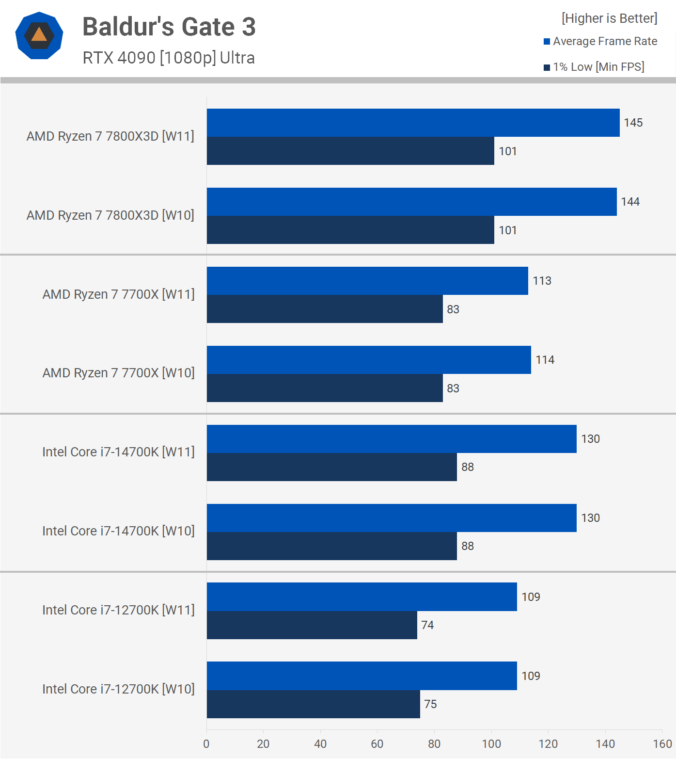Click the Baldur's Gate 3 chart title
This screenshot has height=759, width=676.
[x=169, y=27]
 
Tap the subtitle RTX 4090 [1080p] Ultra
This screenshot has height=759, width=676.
[x=169, y=58]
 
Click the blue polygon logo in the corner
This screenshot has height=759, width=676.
[x=39, y=35]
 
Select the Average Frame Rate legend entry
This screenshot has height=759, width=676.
[x=600, y=41]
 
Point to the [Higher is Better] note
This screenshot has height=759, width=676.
[x=609, y=18]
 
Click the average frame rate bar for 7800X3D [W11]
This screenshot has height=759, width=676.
[x=413, y=123]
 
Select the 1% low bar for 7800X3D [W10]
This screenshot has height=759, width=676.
[x=350, y=230]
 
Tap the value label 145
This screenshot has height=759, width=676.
[x=633, y=123]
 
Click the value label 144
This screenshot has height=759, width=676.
[x=630, y=202]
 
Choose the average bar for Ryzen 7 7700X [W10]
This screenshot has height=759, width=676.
[x=369, y=360]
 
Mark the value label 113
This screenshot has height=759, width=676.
[x=542, y=281]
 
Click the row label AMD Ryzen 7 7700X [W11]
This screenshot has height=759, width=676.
[x=118, y=294]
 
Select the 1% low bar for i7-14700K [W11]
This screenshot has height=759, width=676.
[x=331, y=467]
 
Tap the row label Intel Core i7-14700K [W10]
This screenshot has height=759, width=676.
[x=118, y=531]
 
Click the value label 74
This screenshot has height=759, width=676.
[x=427, y=625]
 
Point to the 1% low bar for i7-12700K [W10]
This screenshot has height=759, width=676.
[x=313, y=704]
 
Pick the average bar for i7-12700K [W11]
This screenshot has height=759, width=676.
[x=362, y=597]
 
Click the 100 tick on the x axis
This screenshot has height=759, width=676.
[x=491, y=744]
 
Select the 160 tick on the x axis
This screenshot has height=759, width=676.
[x=662, y=744]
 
